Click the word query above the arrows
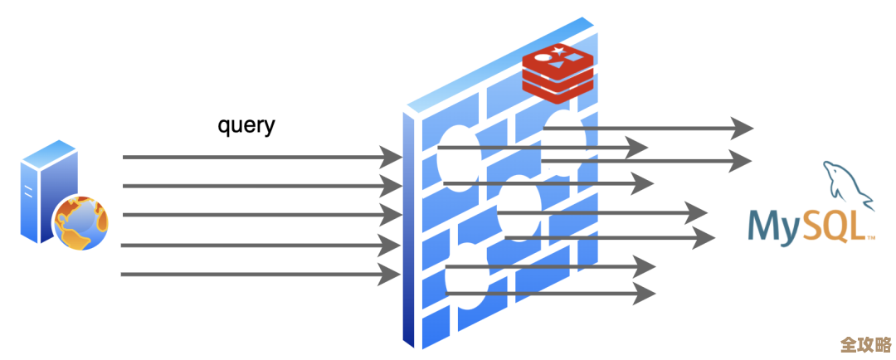point(246,125)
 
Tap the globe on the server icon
point(80,222)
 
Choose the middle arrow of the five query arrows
point(257,216)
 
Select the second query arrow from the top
point(257,186)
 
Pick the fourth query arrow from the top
point(257,245)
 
